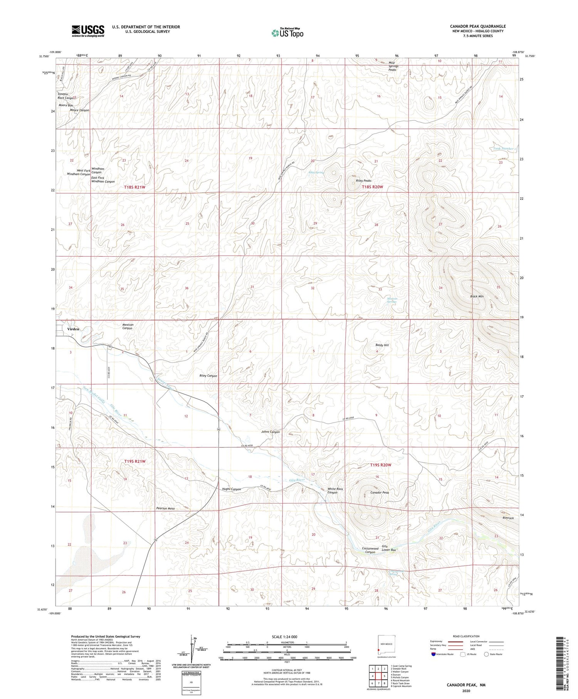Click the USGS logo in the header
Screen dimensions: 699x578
[88, 31]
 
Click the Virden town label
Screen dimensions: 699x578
[73, 329]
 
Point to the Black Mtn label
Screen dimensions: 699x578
[477, 296]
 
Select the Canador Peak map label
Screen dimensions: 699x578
[380, 492]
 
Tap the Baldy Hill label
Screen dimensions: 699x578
[382, 345]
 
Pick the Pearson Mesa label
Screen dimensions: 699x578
[165, 508]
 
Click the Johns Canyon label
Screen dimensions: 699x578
[271, 432]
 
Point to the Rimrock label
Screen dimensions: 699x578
[508, 518]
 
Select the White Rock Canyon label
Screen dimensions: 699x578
[335, 490]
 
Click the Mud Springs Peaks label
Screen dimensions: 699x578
[393, 66]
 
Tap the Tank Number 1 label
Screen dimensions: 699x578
[504, 148]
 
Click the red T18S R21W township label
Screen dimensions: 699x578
[135, 187]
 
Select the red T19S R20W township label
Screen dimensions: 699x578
[380, 465]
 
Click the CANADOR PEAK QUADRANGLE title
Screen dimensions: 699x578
[477, 26]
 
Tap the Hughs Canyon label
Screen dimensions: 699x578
[231, 489]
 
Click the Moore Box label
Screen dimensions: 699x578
[66, 105]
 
